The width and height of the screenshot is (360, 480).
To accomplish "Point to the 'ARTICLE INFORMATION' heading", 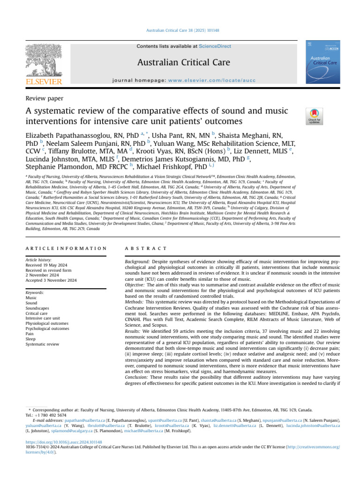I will [66, 247].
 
